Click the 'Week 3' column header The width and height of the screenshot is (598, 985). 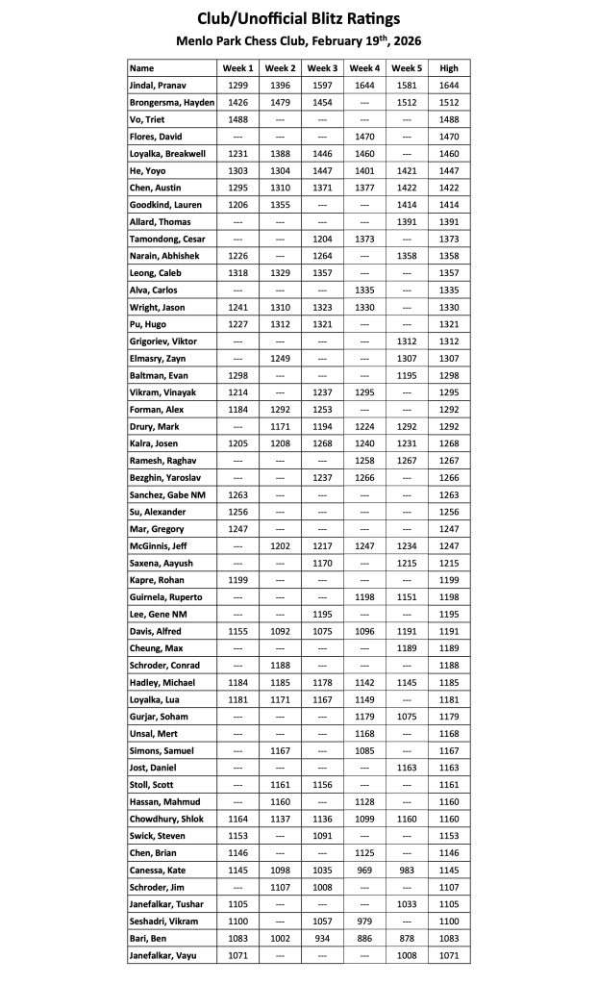(322, 68)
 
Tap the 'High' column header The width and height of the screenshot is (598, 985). (449, 68)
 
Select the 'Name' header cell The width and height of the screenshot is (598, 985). (142, 68)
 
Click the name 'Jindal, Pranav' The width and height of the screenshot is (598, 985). (159, 86)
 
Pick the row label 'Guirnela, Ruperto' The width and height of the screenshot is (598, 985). (166, 597)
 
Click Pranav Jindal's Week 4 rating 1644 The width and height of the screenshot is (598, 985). (364, 86)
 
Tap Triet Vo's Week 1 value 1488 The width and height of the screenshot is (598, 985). (238, 119)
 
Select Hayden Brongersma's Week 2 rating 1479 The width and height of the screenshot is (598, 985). (280, 103)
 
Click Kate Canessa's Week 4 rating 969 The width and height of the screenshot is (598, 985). (364, 870)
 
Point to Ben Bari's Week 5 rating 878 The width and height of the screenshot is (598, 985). (407, 938)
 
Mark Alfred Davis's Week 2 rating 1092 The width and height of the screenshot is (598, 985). (280, 631)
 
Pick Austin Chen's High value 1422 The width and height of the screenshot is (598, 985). (449, 188)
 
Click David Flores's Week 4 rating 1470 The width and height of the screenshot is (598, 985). (364, 137)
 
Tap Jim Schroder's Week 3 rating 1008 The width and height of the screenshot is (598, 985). (322, 887)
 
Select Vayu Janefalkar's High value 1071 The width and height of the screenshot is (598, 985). (449, 955)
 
